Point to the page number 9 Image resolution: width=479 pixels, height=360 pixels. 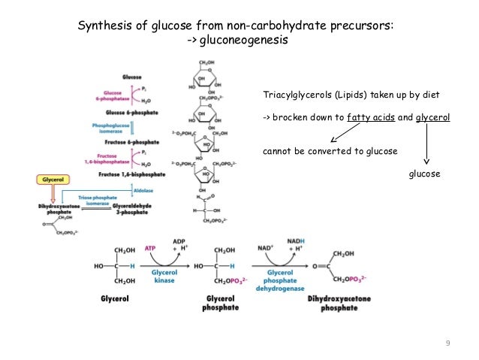point(447,343)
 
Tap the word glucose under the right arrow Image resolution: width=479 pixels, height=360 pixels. point(423,174)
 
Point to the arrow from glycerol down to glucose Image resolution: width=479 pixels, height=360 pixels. point(427,143)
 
